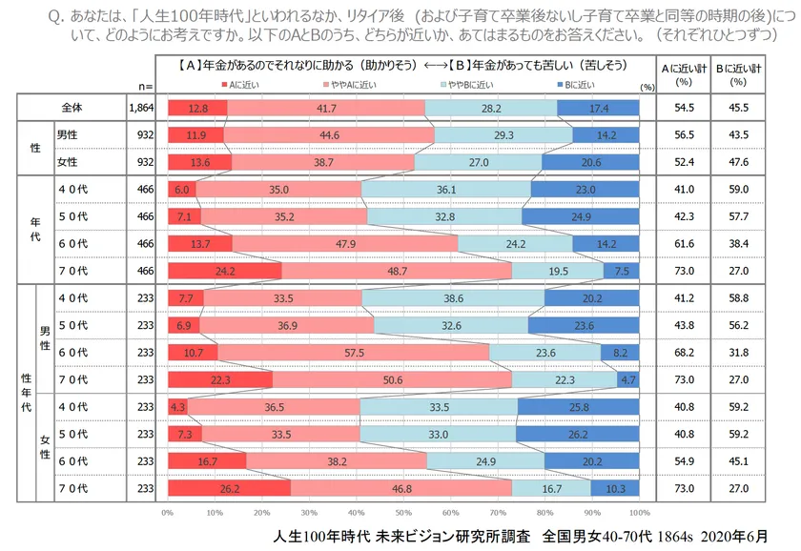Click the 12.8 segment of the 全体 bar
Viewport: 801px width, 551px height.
(197, 109)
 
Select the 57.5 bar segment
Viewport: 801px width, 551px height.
(353, 353)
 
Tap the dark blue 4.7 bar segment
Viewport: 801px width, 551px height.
(628, 380)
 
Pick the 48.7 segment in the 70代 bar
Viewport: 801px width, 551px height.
(397, 272)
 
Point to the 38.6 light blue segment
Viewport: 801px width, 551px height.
(454, 298)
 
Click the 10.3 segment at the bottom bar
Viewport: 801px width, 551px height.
(615, 489)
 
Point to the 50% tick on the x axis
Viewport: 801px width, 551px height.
(403, 513)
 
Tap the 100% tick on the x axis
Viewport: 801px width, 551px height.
(640, 513)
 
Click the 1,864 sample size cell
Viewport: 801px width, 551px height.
(141, 109)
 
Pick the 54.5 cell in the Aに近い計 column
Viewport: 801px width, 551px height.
(682, 109)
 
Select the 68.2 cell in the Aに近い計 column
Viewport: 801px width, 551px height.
(682, 353)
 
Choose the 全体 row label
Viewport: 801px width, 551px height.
(72, 109)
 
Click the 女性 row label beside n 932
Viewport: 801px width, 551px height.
(69, 163)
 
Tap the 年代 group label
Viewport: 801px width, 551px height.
(35, 231)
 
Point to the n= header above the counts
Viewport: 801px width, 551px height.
(145, 86)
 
